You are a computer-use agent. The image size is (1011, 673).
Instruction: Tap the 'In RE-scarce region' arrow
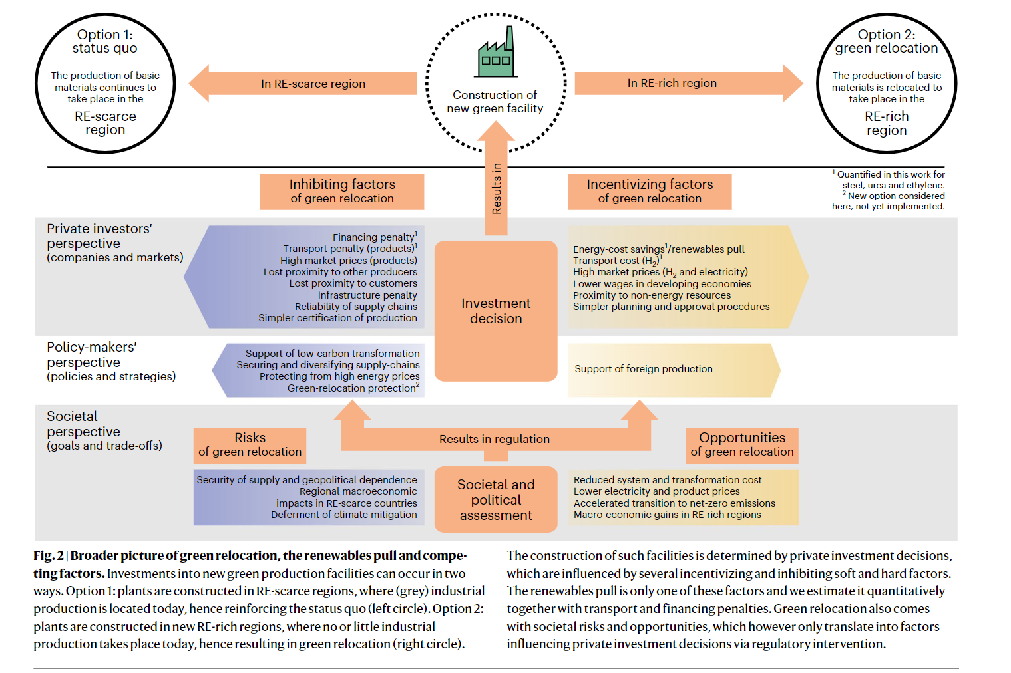(302, 83)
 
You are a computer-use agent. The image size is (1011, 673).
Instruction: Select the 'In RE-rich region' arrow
(689, 83)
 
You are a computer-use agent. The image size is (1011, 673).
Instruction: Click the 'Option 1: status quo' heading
(104, 41)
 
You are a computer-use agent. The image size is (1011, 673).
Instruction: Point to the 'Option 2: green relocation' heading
(887, 41)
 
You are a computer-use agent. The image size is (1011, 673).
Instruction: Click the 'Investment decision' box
(496, 311)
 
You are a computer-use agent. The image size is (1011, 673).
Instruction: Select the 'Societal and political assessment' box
(496, 499)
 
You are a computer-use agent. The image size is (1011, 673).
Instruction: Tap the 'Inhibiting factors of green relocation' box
(342, 192)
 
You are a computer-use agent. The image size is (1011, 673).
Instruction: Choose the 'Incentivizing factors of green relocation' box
(650, 192)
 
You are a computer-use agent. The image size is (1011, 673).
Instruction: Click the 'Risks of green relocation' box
(250, 445)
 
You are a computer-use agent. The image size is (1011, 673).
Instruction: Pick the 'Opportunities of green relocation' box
(742, 445)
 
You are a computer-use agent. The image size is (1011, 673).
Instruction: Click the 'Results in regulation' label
(495, 439)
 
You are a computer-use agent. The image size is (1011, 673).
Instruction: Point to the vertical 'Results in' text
(497, 189)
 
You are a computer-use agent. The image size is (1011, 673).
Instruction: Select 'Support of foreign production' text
(644, 369)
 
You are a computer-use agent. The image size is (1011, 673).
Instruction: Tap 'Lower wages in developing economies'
(662, 284)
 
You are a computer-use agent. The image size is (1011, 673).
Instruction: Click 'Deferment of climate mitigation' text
(344, 515)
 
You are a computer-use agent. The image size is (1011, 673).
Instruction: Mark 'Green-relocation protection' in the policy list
(353, 388)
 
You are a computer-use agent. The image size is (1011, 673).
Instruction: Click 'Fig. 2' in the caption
(49, 556)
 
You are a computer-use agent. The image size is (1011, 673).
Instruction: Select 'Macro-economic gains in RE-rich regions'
(667, 515)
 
